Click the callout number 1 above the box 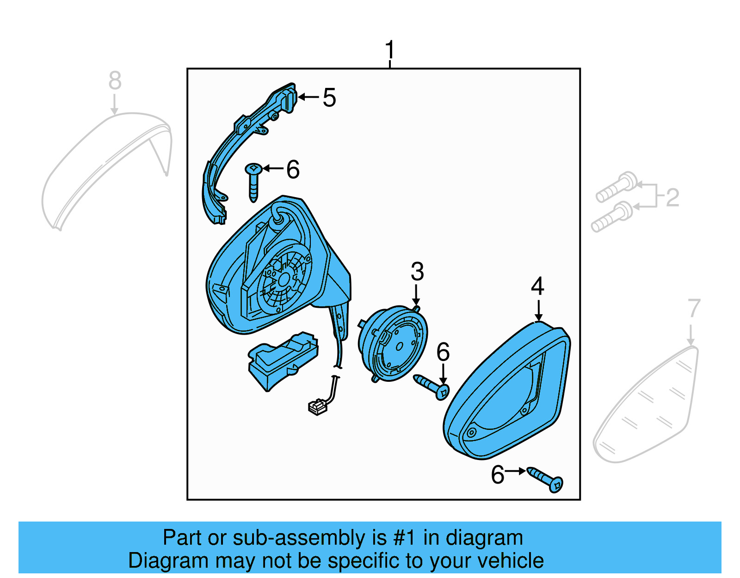click(390, 50)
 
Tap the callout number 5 click(329, 98)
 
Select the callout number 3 click(417, 272)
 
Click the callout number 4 click(537, 286)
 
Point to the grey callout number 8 click(115, 81)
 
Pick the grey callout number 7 click(694, 308)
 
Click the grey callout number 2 click(672, 198)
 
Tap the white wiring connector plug click(317, 407)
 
